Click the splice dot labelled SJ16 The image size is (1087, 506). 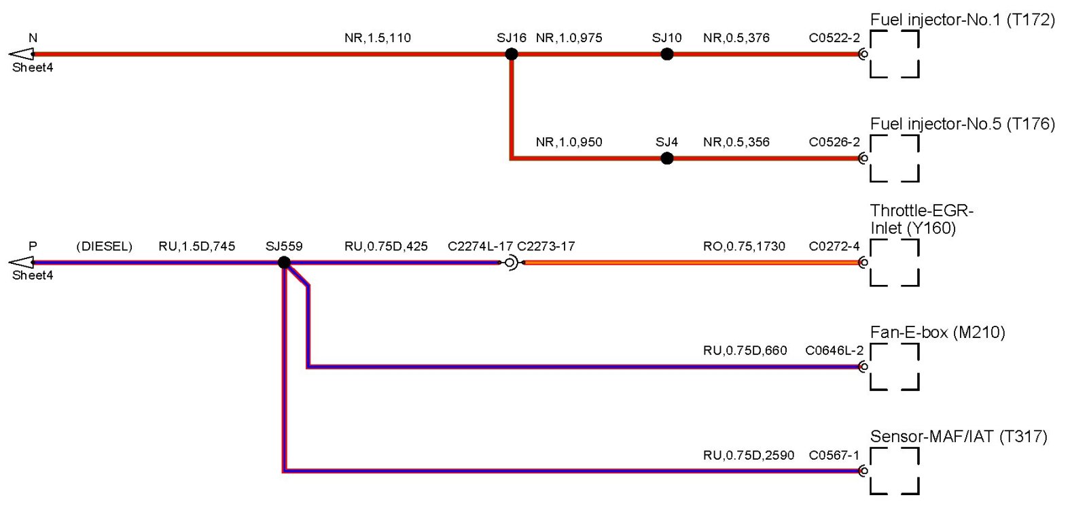[512, 54]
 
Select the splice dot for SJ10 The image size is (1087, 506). [667, 54]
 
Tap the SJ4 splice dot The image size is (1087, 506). [667, 158]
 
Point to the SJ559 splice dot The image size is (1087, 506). [285, 263]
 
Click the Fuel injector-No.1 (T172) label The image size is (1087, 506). [962, 20]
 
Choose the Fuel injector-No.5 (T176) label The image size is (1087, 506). [962, 124]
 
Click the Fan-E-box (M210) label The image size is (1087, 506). [938, 333]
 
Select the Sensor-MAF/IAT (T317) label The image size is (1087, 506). [959, 437]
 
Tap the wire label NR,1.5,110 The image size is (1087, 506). [378, 38]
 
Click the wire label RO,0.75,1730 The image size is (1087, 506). [744, 246]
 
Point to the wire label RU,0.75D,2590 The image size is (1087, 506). [749, 455]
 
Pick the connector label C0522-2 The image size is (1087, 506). [834, 38]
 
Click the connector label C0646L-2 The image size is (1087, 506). [834, 351]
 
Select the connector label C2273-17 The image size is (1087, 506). [546, 246]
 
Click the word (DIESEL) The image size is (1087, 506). [104, 246]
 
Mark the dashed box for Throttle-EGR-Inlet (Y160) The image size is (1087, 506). [895, 263]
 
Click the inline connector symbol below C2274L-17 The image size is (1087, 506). [510, 263]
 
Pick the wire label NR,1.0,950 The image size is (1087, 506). [569, 142]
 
